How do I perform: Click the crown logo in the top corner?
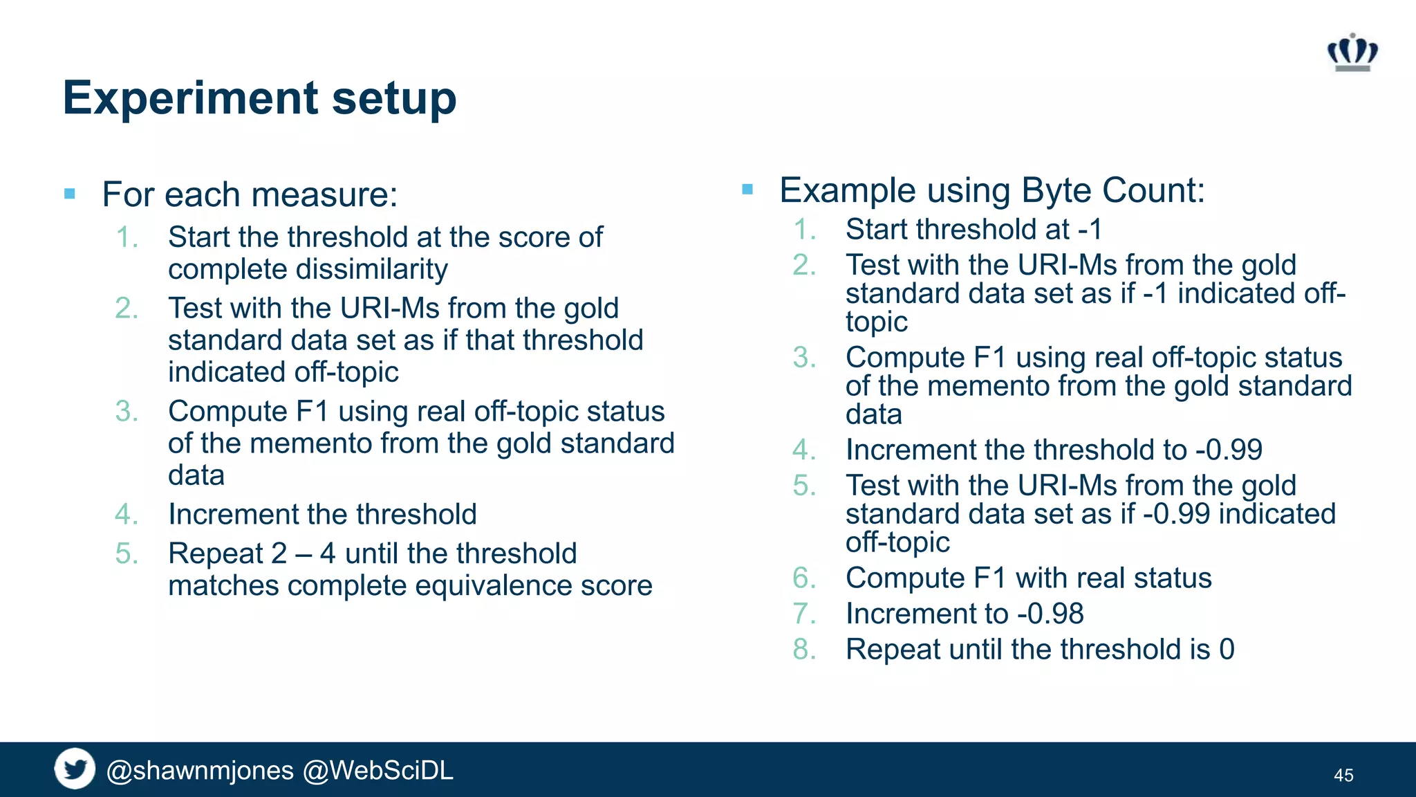coord(1352,53)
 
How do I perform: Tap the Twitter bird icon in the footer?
coord(75,769)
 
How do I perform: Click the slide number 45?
coord(1343,776)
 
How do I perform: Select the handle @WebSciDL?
coord(378,771)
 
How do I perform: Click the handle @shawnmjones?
coord(200,771)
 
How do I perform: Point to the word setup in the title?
coord(394,98)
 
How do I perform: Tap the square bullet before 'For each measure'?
coord(70,194)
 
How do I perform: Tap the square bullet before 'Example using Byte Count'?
coord(747,189)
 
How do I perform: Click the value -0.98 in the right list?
coord(1050,614)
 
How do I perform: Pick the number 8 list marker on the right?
coord(803,650)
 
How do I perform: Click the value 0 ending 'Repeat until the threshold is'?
coord(1227,650)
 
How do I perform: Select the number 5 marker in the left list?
coord(126,553)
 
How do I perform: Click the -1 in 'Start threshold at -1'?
coord(1090,230)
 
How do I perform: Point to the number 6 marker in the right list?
coord(803,578)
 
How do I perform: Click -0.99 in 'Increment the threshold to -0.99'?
coord(1229,450)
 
